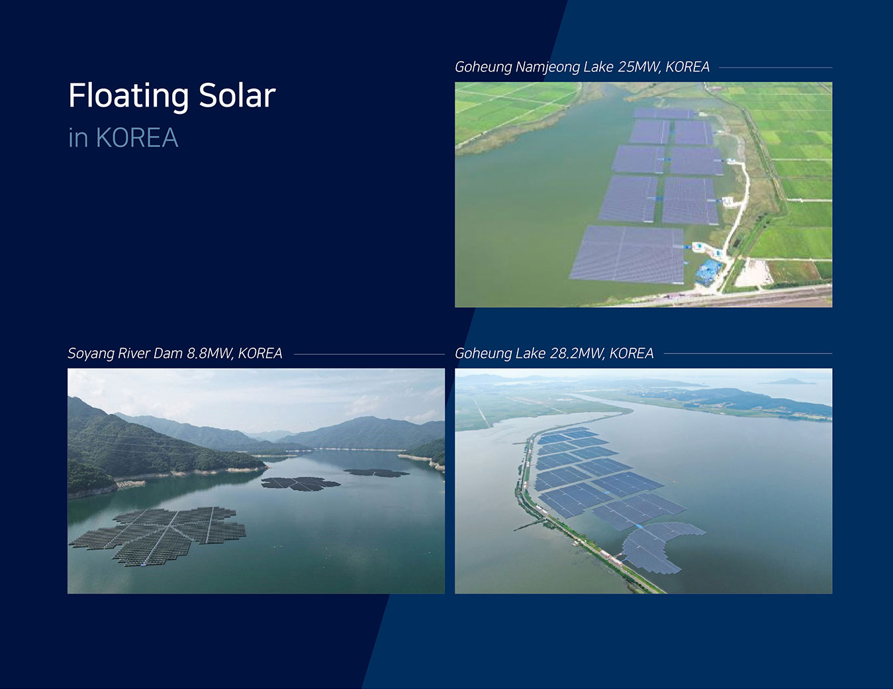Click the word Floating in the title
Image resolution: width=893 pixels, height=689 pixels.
pyautogui.click(x=128, y=97)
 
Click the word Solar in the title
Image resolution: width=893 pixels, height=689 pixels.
pyautogui.click(x=237, y=95)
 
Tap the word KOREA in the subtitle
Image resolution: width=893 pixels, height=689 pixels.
pyautogui.click(x=137, y=138)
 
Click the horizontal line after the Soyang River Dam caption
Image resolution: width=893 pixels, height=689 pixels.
pyautogui.click(x=369, y=353)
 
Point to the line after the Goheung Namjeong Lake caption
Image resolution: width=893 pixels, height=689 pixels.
pyautogui.click(x=775, y=68)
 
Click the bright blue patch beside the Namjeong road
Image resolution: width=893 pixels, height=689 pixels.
pyautogui.click(x=708, y=271)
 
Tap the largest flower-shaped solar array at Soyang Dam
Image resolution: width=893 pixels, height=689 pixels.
pyautogui.click(x=159, y=535)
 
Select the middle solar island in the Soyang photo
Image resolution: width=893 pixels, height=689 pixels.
pyautogui.click(x=301, y=484)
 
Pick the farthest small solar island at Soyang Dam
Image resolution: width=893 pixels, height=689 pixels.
pyautogui.click(x=376, y=473)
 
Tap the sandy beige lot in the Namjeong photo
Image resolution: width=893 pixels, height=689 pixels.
pyautogui.click(x=753, y=273)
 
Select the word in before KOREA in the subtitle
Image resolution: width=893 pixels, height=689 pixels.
pyautogui.click(x=78, y=138)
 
